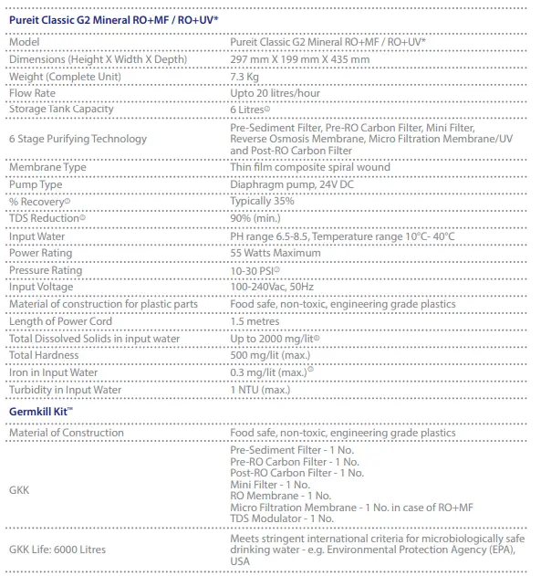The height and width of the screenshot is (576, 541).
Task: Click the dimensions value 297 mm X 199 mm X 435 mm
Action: (300, 60)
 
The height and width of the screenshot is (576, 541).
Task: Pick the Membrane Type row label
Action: (47, 167)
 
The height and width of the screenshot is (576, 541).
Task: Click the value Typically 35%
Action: (262, 201)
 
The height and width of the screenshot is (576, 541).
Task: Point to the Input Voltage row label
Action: (40, 287)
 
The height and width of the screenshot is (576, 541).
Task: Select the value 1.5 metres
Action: (255, 321)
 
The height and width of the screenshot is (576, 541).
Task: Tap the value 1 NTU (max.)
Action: (261, 390)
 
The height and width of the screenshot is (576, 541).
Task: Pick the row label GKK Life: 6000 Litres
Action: (57, 550)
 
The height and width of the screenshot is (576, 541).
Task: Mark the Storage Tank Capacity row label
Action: (61, 110)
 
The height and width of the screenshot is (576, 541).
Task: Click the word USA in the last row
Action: (241, 561)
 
